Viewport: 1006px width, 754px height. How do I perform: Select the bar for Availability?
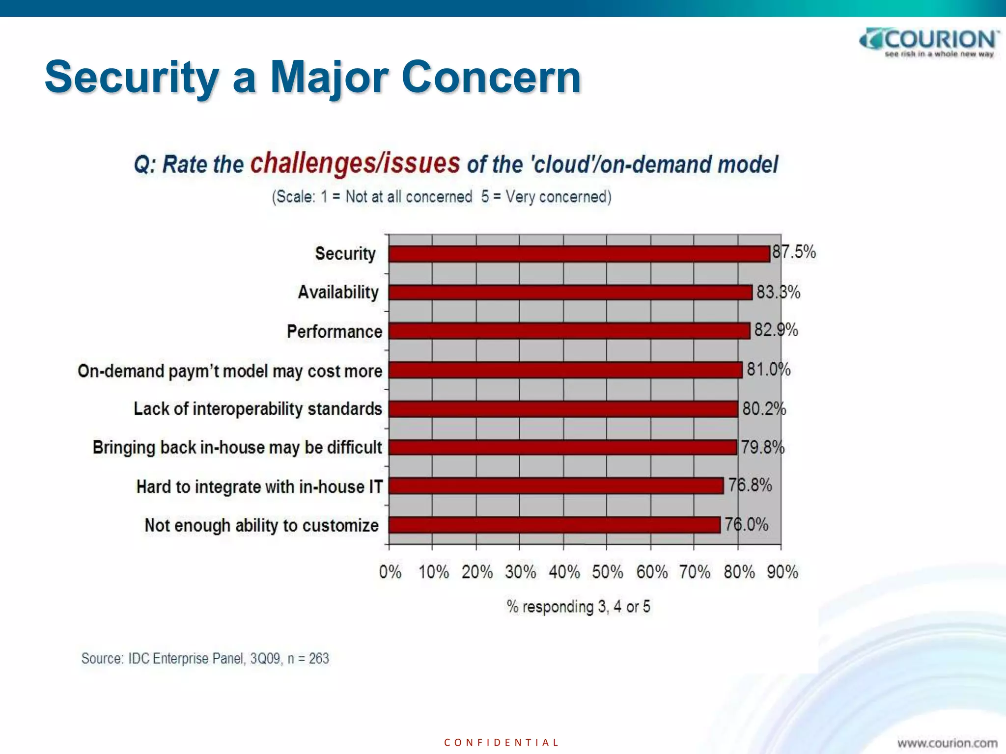click(x=570, y=293)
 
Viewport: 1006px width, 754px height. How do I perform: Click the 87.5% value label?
click(x=794, y=252)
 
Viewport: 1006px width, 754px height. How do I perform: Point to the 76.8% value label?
click(x=750, y=485)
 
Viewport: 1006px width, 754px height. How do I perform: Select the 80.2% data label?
click(x=764, y=408)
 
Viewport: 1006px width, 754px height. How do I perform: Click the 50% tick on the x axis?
click(x=607, y=572)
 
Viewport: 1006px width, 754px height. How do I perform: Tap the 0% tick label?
click(x=390, y=572)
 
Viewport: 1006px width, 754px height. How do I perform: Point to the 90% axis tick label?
click(x=782, y=572)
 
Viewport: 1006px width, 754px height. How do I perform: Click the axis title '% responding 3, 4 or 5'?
click(x=578, y=607)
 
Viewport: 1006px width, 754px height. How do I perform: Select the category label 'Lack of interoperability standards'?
click(x=257, y=409)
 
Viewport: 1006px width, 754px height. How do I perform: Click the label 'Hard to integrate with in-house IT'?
click(x=259, y=487)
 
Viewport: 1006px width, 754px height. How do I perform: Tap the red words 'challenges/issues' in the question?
click(x=355, y=163)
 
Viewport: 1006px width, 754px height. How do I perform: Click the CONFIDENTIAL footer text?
click(x=501, y=742)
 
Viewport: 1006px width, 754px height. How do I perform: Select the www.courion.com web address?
click(x=947, y=743)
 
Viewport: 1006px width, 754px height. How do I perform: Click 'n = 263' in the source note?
click(x=308, y=658)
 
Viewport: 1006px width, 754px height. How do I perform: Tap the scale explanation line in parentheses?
click(x=442, y=197)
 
